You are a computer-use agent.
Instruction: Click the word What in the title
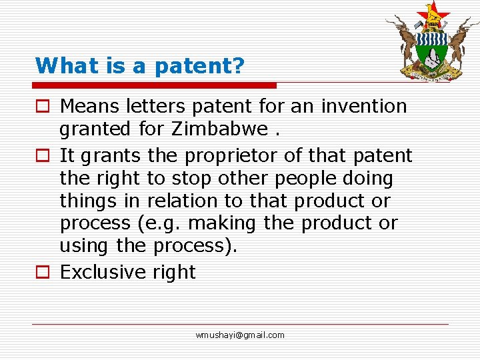tap(60, 65)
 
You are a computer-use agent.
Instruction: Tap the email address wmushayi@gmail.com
tap(240, 335)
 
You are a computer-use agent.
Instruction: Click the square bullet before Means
tap(42, 107)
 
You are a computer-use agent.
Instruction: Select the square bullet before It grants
tap(42, 157)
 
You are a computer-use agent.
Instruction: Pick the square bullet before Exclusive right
tap(42, 273)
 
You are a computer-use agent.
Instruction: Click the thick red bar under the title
tap(155, 85)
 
